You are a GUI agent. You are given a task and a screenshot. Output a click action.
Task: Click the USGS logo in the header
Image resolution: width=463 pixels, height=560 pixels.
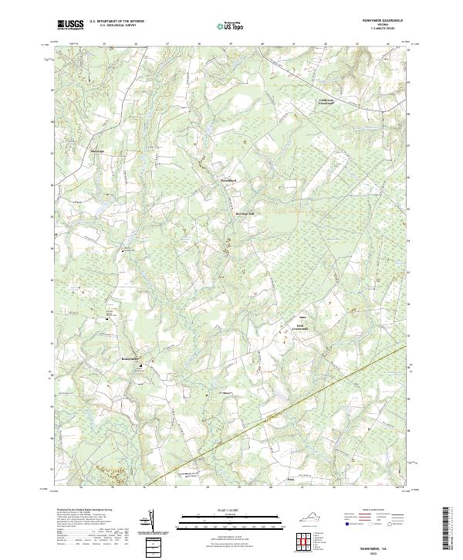(70, 25)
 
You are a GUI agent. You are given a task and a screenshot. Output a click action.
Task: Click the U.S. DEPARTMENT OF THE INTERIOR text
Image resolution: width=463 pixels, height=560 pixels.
(116, 22)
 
